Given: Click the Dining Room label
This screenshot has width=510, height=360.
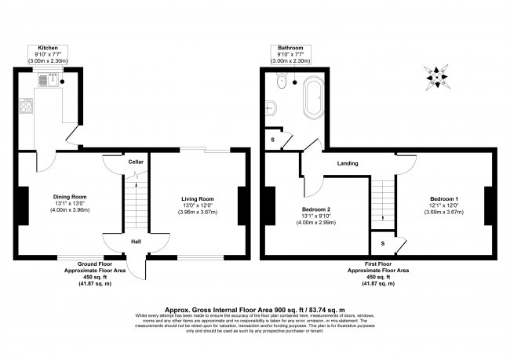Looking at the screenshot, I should click(70, 196).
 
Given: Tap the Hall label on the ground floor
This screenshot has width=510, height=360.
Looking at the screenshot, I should click(136, 242).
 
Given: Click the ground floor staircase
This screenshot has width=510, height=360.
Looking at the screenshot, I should click(136, 204).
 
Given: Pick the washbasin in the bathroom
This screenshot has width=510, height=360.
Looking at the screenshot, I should click(271, 107).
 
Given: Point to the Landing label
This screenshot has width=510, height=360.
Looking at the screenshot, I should click(348, 164).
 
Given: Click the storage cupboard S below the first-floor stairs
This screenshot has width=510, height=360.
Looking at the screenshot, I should click(381, 244).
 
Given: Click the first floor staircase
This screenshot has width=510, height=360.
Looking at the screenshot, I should click(382, 200).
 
